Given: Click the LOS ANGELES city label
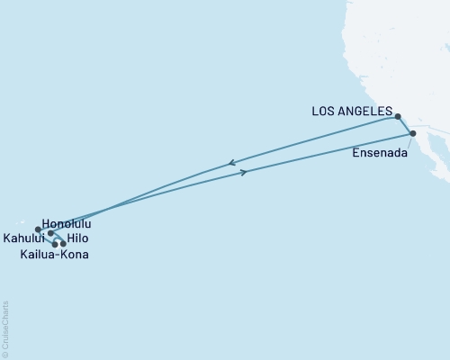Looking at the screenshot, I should coord(352,112).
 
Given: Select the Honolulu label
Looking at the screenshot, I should coord(67,222).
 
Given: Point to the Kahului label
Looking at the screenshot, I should coord(22,238).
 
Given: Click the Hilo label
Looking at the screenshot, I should coord(79,238).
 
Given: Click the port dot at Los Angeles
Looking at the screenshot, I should coord(397,116).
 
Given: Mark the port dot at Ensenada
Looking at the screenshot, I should coord(413,134).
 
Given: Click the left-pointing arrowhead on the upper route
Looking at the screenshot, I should coord(232,163).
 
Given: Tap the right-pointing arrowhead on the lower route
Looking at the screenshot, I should coord(244,172).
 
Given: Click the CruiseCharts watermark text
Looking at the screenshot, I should coord(5,329).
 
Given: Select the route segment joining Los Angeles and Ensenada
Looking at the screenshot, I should coord(406,125).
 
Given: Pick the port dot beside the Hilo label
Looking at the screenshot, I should coord(63,244).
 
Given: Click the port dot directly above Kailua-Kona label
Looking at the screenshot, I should coord(55,244).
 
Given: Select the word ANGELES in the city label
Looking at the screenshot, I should coord(369,112).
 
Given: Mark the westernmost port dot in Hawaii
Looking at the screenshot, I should coord(38,229).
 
